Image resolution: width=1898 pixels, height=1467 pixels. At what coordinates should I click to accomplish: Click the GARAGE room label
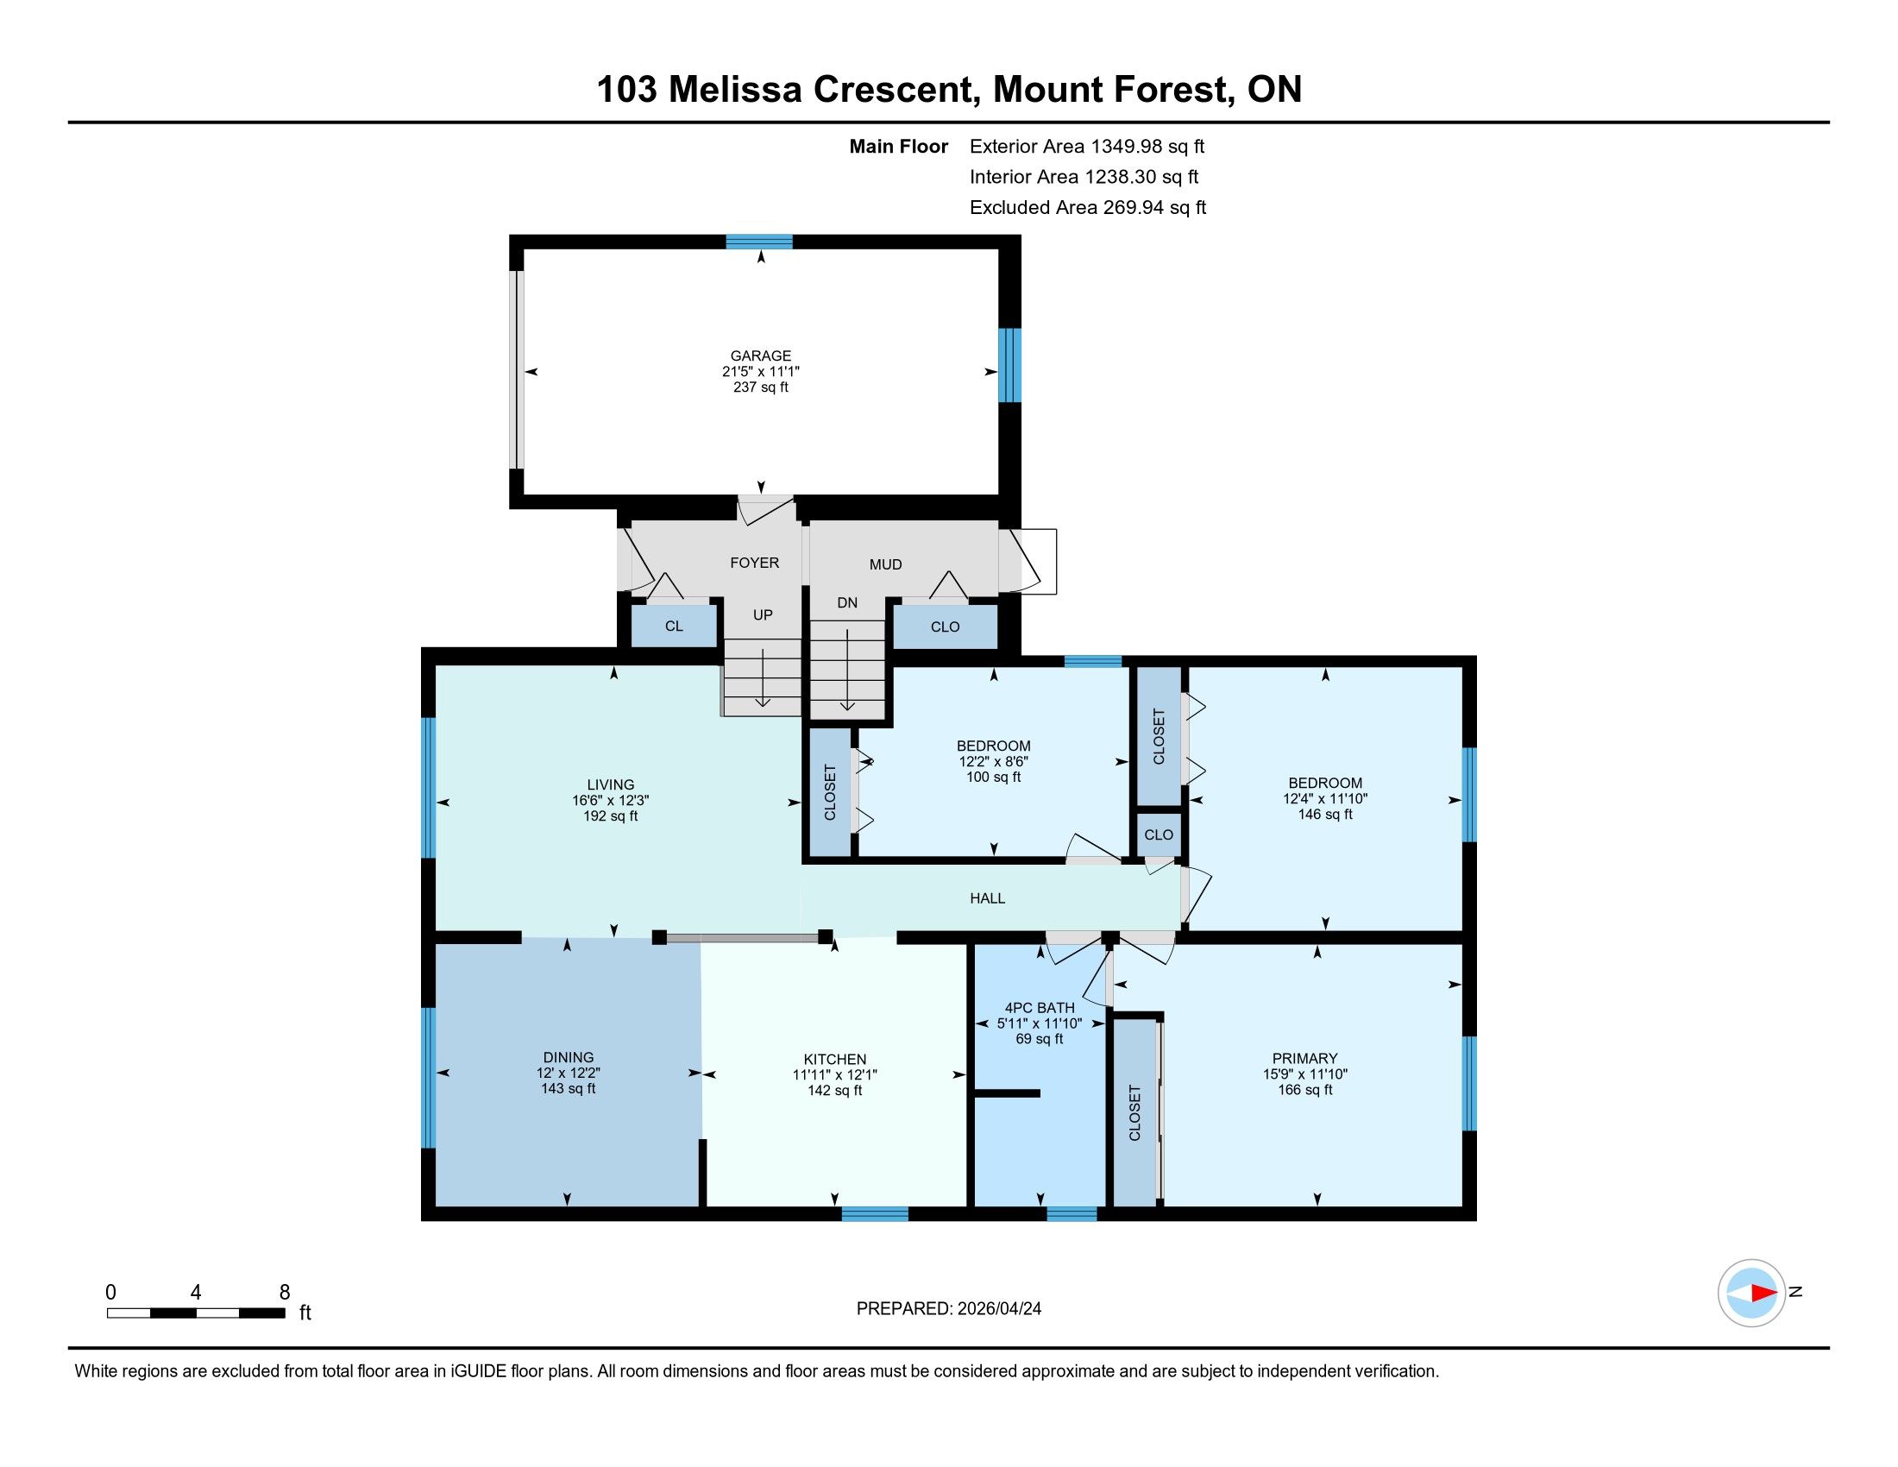click(760, 356)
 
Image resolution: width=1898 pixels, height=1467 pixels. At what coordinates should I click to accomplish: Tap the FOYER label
click(754, 563)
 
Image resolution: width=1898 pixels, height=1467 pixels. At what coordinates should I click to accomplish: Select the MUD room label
click(885, 564)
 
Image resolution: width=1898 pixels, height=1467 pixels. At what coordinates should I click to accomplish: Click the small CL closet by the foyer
click(675, 626)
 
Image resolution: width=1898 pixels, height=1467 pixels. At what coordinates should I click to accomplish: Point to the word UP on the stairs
click(763, 614)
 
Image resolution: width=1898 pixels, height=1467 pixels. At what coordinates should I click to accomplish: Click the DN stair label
click(847, 602)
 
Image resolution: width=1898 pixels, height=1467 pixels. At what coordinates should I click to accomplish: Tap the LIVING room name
click(611, 784)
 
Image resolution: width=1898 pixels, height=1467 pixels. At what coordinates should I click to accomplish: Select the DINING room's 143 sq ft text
click(569, 1088)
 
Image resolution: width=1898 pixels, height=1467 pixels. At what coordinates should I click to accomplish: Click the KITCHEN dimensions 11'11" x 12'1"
click(835, 1074)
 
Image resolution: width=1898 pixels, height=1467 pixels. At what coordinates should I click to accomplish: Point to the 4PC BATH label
click(1040, 1008)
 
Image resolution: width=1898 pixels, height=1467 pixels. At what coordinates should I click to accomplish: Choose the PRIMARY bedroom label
click(1304, 1059)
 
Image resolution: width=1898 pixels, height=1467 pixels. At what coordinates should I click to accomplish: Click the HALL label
click(987, 897)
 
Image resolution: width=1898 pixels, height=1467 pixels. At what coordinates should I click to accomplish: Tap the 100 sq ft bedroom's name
click(993, 746)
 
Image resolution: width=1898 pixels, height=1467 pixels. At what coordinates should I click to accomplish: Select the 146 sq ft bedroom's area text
click(1325, 815)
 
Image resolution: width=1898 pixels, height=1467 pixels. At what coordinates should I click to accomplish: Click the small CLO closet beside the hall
click(1159, 834)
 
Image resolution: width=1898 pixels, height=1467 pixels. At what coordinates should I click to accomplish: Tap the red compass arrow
click(1763, 1294)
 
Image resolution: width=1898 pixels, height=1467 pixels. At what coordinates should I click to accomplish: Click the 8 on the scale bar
click(284, 1293)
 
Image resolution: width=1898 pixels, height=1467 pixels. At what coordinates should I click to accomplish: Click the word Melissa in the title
click(734, 90)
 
